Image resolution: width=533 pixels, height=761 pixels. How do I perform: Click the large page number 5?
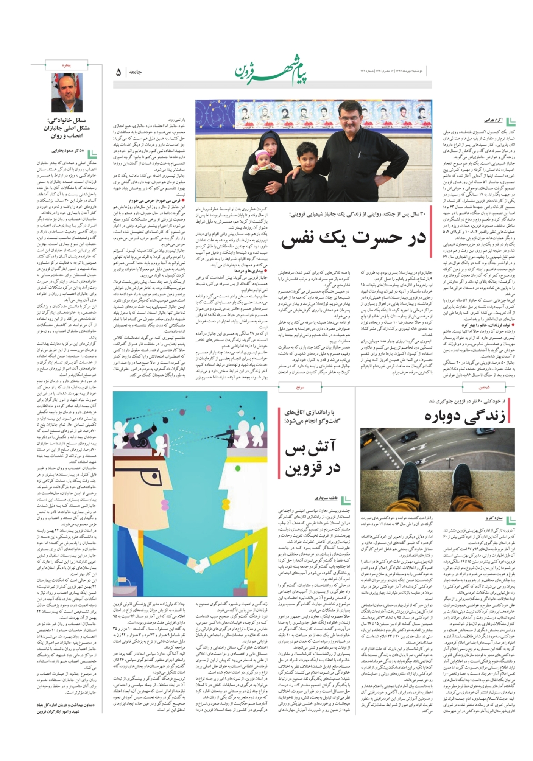pos(118,72)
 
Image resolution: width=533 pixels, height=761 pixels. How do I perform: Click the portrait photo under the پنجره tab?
pos(67,92)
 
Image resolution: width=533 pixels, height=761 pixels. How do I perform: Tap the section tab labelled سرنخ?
pos(300,387)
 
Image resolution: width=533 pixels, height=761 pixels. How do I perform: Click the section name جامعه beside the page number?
pos(136,72)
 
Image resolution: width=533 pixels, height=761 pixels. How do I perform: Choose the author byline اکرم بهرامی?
pos(493,120)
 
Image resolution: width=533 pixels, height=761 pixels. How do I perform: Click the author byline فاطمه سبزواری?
pos(325,498)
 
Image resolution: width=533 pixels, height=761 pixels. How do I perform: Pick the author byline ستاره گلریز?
pos(493,518)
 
